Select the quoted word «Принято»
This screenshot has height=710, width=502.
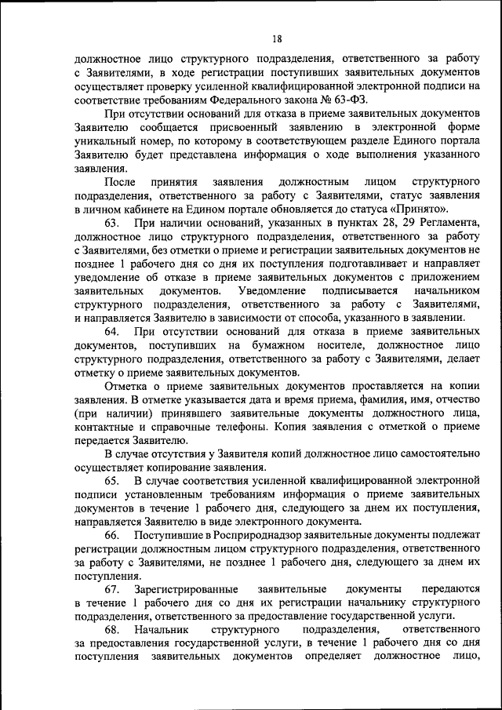coord(423,209)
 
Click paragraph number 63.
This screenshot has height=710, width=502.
coord(111,224)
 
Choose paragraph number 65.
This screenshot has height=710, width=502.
coord(111,479)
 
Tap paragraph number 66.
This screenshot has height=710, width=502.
coord(111,534)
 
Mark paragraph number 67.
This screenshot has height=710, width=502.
coord(111,588)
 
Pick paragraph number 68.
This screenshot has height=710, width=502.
coord(111,629)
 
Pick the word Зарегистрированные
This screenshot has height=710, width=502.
coord(186,588)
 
